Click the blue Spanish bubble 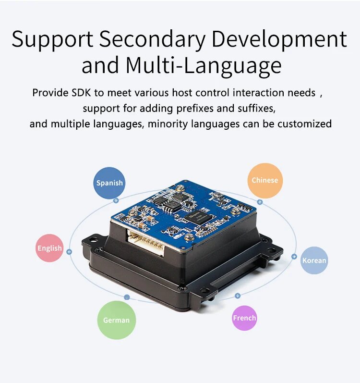(x=109, y=183)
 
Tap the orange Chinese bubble (x=265, y=180)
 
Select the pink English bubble (x=50, y=248)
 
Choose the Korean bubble (x=314, y=260)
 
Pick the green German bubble (x=117, y=320)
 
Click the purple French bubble (x=244, y=318)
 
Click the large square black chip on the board (x=199, y=214)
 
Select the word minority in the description (x=168, y=124)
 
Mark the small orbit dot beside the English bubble (x=70, y=251)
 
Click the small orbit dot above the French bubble (x=237, y=296)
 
